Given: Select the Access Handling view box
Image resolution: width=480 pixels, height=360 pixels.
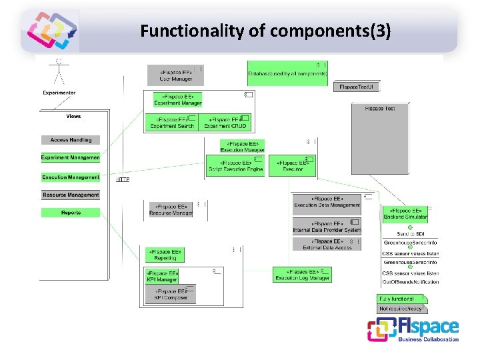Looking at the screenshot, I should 71,140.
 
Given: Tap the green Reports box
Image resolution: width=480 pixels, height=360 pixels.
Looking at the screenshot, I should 71,213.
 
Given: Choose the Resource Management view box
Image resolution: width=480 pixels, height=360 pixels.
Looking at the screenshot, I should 71,195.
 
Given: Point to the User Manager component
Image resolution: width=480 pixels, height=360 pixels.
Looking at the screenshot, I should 175,75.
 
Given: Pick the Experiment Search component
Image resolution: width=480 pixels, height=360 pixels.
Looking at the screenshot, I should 171,123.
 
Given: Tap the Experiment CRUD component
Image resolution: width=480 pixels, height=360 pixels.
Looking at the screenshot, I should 225,123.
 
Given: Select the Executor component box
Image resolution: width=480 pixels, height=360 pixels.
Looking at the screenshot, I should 293,165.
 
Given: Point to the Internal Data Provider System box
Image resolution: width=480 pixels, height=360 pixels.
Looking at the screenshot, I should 327,227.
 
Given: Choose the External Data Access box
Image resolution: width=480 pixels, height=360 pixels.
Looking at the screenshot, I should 327,245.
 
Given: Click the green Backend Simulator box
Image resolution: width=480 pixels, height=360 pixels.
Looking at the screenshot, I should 405,214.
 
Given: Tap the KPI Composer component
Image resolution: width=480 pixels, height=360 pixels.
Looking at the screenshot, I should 171,294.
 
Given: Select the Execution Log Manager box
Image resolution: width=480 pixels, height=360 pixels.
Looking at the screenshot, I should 302,274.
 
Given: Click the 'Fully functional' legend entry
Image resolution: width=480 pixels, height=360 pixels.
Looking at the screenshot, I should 399,299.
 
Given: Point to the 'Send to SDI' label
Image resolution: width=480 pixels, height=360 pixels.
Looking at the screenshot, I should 410,234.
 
